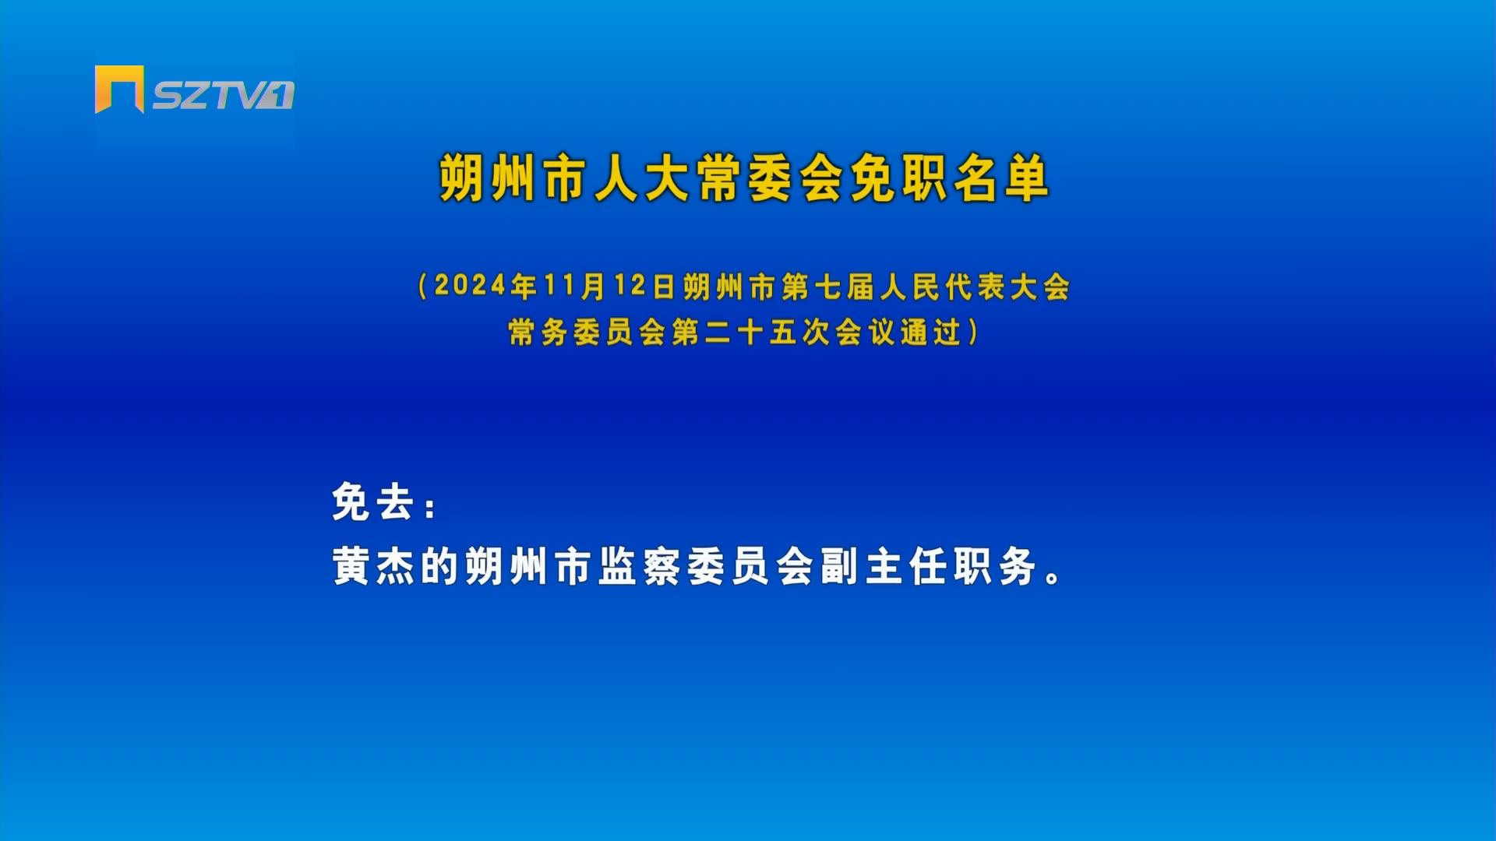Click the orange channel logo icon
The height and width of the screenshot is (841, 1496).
(119, 89)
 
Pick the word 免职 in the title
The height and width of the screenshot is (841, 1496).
(899, 178)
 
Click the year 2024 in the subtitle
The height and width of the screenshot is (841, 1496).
(471, 286)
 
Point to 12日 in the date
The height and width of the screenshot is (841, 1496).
(644, 286)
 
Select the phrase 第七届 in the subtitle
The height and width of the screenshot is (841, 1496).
(828, 287)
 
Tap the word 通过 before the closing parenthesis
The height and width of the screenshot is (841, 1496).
(931, 333)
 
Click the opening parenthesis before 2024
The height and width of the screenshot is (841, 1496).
(423, 287)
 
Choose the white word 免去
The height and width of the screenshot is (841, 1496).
(372, 501)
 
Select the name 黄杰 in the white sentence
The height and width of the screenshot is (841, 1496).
(373, 566)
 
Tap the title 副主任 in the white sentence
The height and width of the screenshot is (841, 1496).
(884, 566)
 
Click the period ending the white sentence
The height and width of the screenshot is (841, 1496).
(1053, 576)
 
